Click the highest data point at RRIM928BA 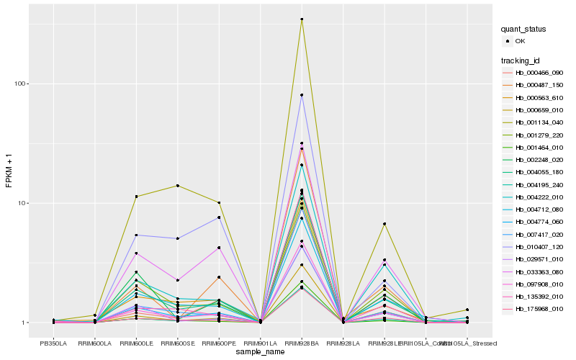(x=302, y=19)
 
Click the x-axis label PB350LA (x=53, y=343)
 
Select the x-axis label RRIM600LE (x=136, y=343)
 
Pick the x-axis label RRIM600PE (x=219, y=343)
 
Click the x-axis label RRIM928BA (x=302, y=343)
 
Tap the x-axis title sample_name (x=260, y=352)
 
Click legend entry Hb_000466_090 (x=539, y=73)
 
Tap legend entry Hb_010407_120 (x=539, y=246)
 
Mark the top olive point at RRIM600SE (x=177, y=186)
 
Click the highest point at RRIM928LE (x=384, y=224)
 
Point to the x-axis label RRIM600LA (x=94, y=343)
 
